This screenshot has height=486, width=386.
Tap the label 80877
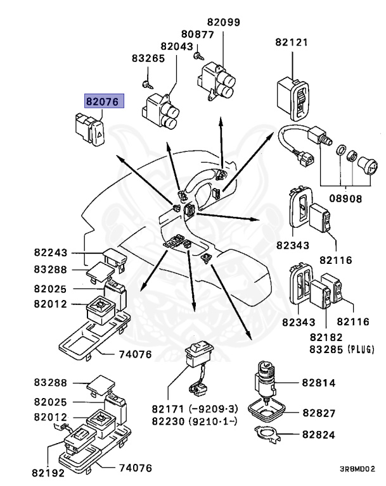197,34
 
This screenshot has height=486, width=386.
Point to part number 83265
148,58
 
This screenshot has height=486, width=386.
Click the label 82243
51,252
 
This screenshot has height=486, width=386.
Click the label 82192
48,472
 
